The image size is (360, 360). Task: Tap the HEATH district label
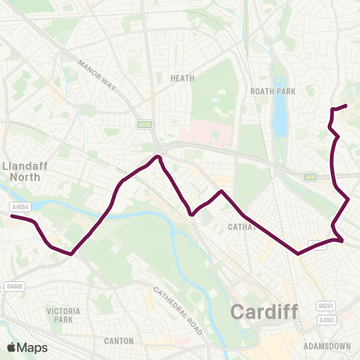pyautogui.click(x=183, y=77)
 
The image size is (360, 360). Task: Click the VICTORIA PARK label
pyautogui.click(x=58, y=314)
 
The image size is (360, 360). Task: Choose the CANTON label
pyautogui.click(x=119, y=340)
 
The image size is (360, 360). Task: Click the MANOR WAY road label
pyautogui.click(x=97, y=73)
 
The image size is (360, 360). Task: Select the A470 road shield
pyautogui.click(x=145, y=127)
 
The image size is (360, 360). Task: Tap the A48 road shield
pyautogui.click(x=310, y=177)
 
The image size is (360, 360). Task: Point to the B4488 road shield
pyautogui.click(x=14, y=285)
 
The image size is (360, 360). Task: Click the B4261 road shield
pyautogui.click(x=325, y=306)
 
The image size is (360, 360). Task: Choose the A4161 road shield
pyautogui.click(x=325, y=320)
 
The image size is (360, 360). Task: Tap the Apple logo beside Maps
pyautogui.click(x=11, y=347)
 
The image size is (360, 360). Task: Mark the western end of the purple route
pyautogui.click(x=12, y=217)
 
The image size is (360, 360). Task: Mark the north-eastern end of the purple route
pyautogui.click(x=345, y=106)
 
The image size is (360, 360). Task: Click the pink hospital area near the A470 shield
pyautogui.click(x=202, y=134)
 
